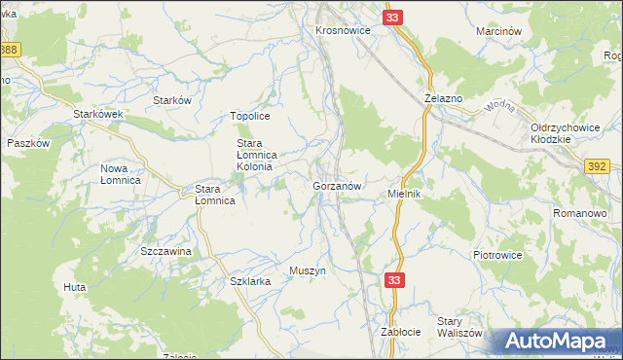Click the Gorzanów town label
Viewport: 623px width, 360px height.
(338, 185)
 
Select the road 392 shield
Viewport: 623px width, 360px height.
(600, 167)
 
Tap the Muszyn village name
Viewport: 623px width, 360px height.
(307, 270)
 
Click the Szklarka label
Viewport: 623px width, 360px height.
(248, 280)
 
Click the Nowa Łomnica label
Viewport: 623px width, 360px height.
(121, 174)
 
